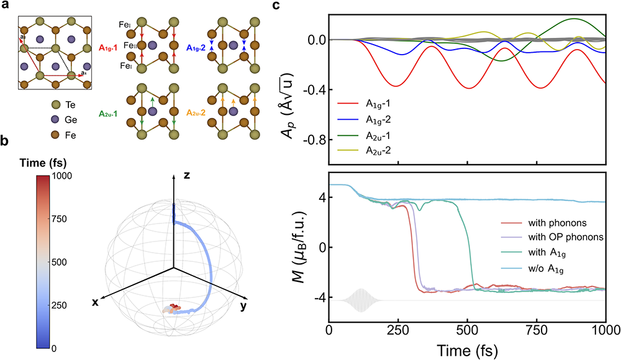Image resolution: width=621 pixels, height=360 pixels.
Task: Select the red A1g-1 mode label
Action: (111, 47)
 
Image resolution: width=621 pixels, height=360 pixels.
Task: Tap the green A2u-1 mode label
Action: (111, 114)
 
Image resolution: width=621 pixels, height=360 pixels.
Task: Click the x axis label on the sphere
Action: (96, 302)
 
